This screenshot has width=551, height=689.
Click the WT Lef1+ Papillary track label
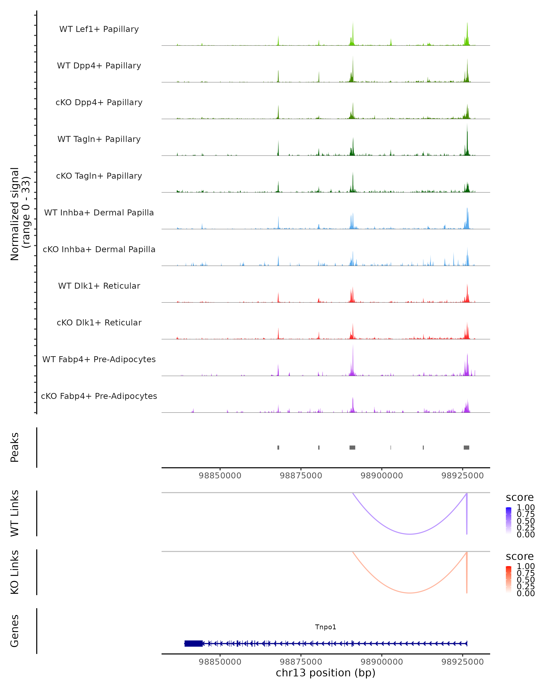click(99, 29)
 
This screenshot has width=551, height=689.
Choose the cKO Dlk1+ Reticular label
click(99, 322)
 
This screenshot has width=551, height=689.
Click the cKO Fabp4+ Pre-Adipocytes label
click(99, 396)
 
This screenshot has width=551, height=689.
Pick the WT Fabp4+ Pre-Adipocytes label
click(99, 359)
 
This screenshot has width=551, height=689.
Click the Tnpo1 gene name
click(326, 627)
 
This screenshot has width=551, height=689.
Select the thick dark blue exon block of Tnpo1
click(194, 643)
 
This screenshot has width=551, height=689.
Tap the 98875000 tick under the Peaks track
click(301, 476)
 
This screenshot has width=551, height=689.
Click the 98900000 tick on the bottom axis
click(382, 662)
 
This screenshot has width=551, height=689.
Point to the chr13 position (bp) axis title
click(326, 673)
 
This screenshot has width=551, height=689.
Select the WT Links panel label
click(15, 513)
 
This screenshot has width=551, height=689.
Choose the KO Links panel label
click(15, 572)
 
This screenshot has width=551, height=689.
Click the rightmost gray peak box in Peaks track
click(466, 447)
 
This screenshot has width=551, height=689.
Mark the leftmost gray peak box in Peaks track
click(278, 447)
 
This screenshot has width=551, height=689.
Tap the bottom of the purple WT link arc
click(410, 534)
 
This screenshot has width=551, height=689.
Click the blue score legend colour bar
click(509, 521)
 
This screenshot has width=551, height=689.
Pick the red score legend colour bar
click(509, 579)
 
